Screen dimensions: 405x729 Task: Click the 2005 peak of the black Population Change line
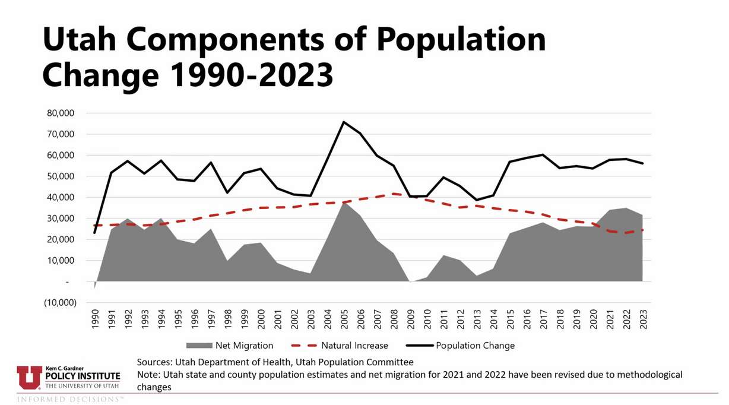[344, 122]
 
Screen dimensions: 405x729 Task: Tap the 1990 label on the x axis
[94, 318]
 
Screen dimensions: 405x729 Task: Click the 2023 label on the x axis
[642, 318]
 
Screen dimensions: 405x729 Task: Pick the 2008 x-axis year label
[394, 318]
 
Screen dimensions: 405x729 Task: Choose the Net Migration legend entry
[230, 346]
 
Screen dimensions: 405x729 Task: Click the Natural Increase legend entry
[340, 346]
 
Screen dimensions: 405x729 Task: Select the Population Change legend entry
[460, 346]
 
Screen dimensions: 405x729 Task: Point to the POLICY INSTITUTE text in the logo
[83, 376]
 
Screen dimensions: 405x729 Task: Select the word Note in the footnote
[147, 375]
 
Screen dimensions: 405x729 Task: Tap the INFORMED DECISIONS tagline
[71, 399]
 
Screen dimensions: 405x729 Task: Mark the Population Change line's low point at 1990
[94, 232]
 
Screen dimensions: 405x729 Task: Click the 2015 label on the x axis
[510, 318]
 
